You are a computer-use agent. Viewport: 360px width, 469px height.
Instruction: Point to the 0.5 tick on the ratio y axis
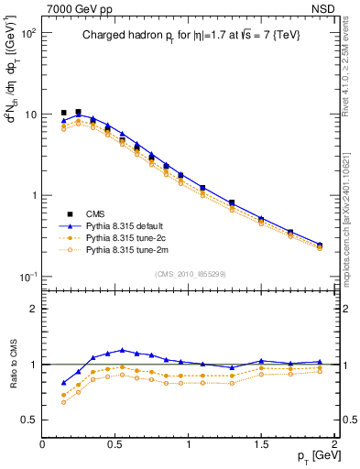tap(29, 420)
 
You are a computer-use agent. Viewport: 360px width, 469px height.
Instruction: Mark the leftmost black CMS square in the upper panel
tap(63, 113)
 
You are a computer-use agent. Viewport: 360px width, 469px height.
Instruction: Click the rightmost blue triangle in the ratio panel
tap(320, 362)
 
